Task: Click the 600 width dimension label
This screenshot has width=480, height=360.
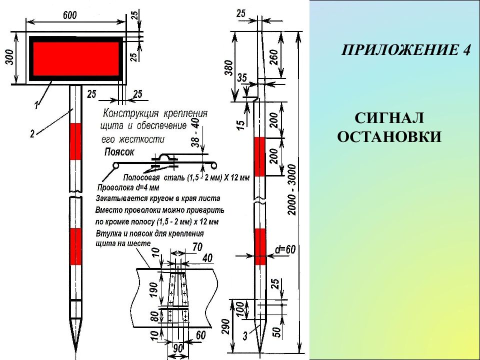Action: [70, 15]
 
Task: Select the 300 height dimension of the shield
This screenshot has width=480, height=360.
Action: [10, 57]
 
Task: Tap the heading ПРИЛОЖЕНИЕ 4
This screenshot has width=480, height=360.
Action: [405, 50]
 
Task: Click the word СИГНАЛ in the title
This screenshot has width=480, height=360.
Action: [389, 118]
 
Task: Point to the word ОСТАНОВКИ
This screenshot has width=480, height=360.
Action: [389, 136]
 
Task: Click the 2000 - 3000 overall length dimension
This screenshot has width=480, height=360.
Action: [292, 190]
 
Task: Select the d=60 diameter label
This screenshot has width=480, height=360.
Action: [285, 250]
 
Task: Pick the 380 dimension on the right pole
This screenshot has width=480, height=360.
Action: [228, 67]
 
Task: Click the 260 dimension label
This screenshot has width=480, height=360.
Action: [274, 57]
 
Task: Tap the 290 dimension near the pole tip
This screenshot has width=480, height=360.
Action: [225, 327]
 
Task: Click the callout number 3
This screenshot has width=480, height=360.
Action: [245, 336]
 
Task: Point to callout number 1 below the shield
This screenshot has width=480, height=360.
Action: [36, 105]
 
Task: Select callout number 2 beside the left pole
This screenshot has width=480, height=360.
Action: [32, 133]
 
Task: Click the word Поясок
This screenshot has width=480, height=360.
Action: [119, 152]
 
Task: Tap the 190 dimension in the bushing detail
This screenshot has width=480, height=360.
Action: [155, 289]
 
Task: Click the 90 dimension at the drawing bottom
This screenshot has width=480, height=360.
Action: [178, 348]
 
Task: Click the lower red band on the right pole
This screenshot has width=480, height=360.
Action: [260, 246]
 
